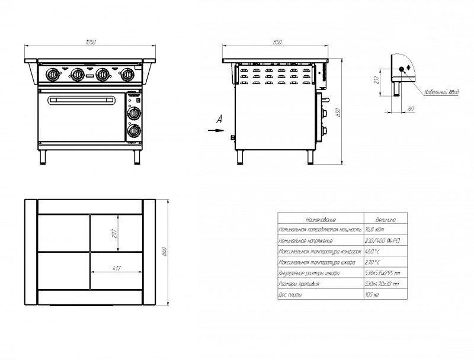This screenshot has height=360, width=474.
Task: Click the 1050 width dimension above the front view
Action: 91,41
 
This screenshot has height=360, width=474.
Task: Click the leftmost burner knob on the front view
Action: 53,75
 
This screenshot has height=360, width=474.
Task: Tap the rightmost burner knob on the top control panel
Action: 127,75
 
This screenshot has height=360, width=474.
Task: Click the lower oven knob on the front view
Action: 134,130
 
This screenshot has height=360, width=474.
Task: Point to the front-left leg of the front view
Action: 43,156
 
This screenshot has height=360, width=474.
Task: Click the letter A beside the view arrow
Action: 219,120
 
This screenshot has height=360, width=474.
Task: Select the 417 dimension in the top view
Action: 116,269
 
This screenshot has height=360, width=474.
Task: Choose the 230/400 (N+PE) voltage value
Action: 382,241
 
